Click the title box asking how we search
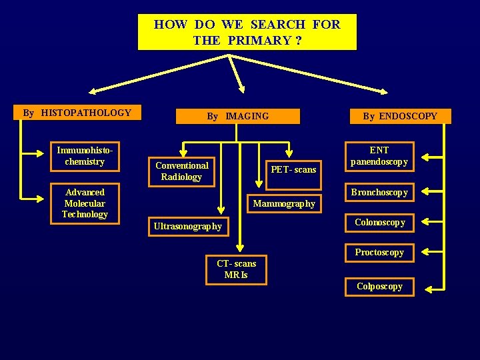click(247, 32)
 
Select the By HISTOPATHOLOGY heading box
click(77, 113)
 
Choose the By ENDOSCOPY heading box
click(400, 116)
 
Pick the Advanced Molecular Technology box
click(85, 203)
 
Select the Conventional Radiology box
click(181, 171)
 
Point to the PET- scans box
click(293, 170)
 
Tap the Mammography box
click(284, 203)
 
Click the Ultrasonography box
click(188, 227)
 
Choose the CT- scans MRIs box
click(236, 269)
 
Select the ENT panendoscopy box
click(379, 156)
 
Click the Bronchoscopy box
click(379, 193)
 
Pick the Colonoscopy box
click(379, 223)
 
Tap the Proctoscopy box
click(379, 253)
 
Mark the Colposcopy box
click(379, 287)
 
